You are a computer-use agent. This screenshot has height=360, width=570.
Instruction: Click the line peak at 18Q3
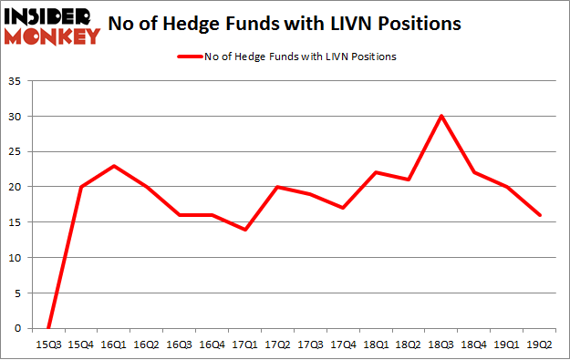(441, 116)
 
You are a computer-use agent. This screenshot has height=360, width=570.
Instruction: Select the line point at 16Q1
(113, 166)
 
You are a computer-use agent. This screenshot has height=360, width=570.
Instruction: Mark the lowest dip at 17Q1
(245, 230)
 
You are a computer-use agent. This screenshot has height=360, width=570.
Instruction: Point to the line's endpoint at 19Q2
(540, 215)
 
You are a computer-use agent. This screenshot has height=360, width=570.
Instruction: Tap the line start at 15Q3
(47, 328)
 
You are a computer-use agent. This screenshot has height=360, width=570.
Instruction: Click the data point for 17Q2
(277, 187)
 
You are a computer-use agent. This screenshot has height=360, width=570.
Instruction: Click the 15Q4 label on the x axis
(80, 344)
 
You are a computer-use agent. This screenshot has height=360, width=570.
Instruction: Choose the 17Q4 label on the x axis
(343, 344)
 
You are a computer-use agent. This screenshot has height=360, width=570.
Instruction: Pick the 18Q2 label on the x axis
(409, 344)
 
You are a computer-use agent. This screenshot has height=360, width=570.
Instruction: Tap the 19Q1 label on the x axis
(507, 344)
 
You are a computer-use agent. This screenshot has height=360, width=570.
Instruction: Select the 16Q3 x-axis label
(179, 344)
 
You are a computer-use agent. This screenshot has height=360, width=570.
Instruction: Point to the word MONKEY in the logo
(53, 36)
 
